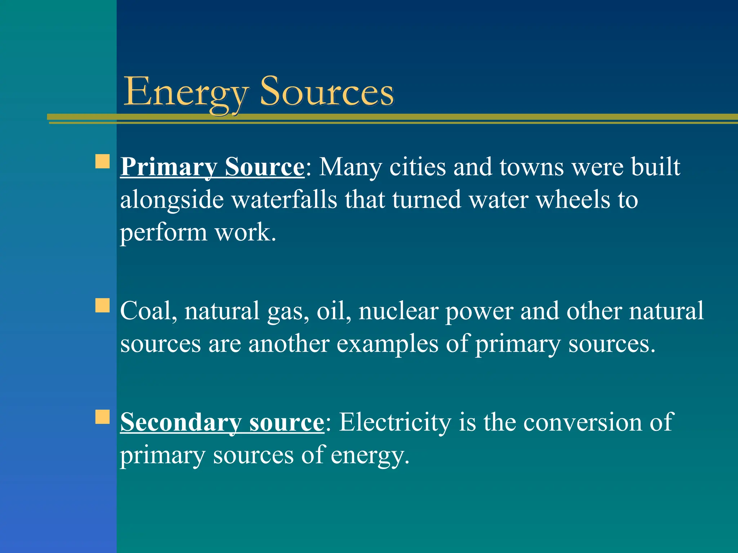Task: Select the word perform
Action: (163, 233)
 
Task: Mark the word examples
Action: (387, 344)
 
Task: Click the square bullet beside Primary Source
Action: (102, 162)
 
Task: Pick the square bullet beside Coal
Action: (102, 305)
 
